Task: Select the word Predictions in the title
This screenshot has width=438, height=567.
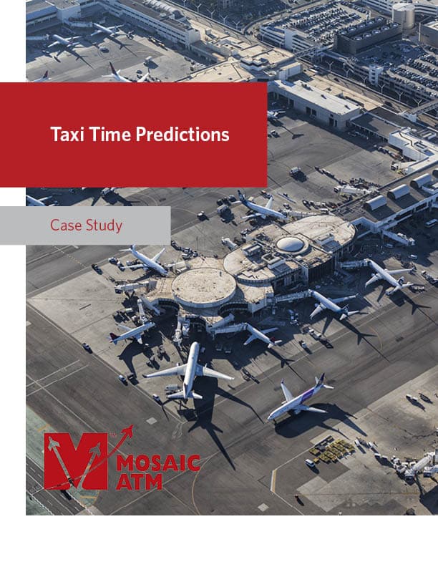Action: (182, 135)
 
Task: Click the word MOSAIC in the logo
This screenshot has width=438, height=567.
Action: (159, 463)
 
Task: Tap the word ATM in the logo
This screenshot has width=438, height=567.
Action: (140, 483)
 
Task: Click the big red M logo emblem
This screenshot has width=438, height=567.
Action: (76, 462)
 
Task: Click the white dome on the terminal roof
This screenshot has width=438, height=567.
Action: (290, 244)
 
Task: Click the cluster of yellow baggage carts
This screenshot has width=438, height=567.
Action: (331, 450)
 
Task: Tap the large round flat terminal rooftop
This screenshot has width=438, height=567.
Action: (204, 286)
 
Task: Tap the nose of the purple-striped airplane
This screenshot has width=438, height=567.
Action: (271, 418)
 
